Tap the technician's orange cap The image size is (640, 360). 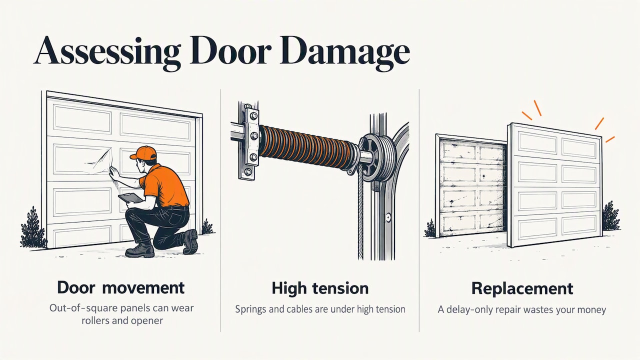tap(143, 153)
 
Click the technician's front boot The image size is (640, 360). tap(140, 250)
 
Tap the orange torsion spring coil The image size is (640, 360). tap(307, 144)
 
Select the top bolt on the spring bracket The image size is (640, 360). tap(253, 115)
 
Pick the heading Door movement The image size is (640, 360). tap(121, 287)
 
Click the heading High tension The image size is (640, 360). tap(320, 288)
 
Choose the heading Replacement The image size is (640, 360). tap(522, 288)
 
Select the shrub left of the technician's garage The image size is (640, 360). tap(32, 228)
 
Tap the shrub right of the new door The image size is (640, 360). tap(611, 215)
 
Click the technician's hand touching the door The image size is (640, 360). tap(115, 173)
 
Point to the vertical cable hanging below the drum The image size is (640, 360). tap(360, 217)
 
